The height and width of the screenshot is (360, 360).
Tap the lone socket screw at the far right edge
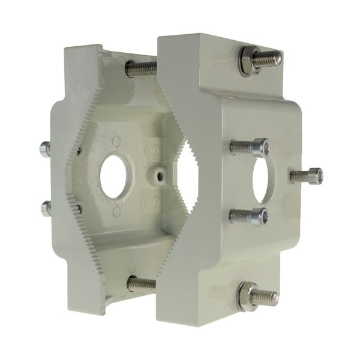[314, 176]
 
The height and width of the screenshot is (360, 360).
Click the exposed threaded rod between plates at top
[142, 67]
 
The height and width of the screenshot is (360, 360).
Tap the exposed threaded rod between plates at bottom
[142, 284]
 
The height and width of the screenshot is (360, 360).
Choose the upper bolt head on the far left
[44, 148]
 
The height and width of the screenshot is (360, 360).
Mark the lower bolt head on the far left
[46, 208]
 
